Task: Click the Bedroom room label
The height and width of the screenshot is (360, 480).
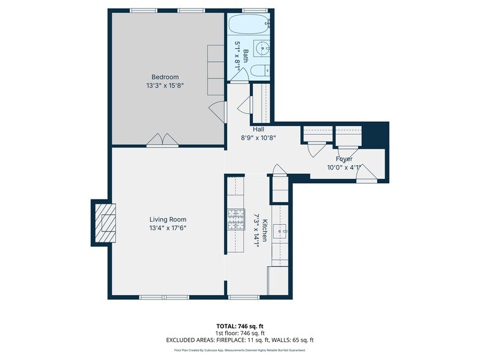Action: click(x=165, y=77)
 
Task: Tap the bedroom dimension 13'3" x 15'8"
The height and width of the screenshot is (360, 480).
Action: click(x=165, y=86)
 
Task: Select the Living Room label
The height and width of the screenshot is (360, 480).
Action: click(x=168, y=219)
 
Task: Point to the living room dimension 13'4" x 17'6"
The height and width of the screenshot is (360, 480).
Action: click(x=168, y=228)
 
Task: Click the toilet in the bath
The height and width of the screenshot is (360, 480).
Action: click(x=260, y=70)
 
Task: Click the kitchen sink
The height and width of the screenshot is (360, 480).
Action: click(x=282, y=231)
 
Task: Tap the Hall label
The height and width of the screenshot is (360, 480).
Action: click(x=258, y=129)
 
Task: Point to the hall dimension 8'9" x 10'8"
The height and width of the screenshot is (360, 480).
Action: click(x=258, y=138)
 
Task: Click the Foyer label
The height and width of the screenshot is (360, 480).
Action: click(x=343, y=159)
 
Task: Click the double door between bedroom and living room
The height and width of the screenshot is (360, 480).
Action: click(x=162, y=141)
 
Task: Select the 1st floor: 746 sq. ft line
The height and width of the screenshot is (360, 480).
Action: click(x=240, y=332)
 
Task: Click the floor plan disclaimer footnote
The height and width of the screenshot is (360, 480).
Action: click(x=240, y=351)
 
